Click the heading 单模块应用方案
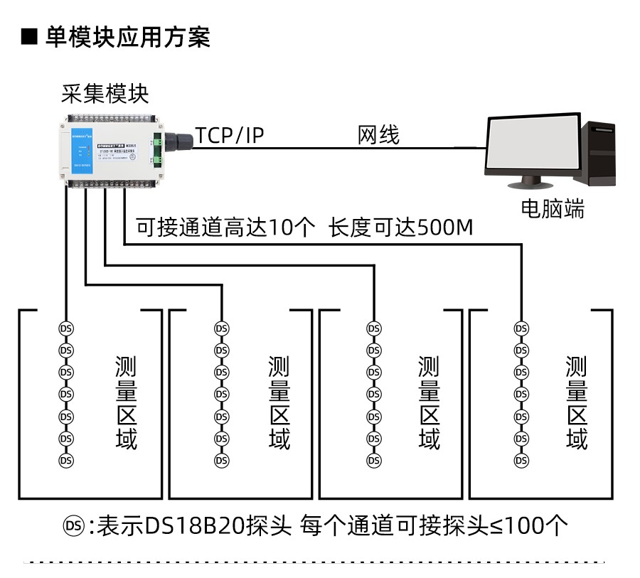pyautogui.click(x=128, y=36)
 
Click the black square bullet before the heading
pyautogui.click(x=29, y=36)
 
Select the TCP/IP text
pyautogui.click(x=230, y=135)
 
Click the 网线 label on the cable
pyautogui.click(x=378, y=135)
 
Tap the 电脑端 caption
pyautogui.click(x=553, y=209)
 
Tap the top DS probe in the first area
pyautogui.click(x=66, y=328)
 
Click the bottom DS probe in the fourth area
pyautogui.click(x=521, y=461)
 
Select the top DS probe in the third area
pyautogui.click(x=373, y=328)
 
